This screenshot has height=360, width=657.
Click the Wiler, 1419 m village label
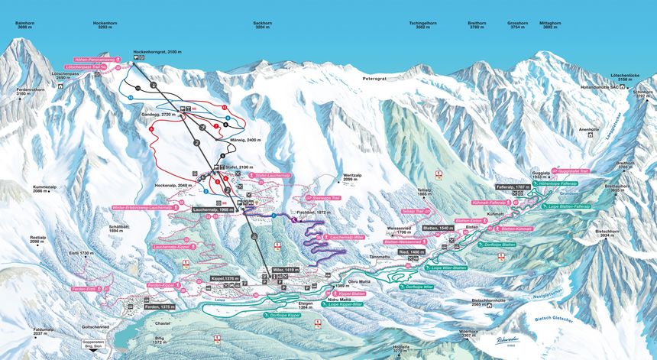point(283,270)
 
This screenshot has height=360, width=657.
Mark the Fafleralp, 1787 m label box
point(512,186)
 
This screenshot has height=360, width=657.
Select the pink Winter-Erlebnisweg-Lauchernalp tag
point(142,207)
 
